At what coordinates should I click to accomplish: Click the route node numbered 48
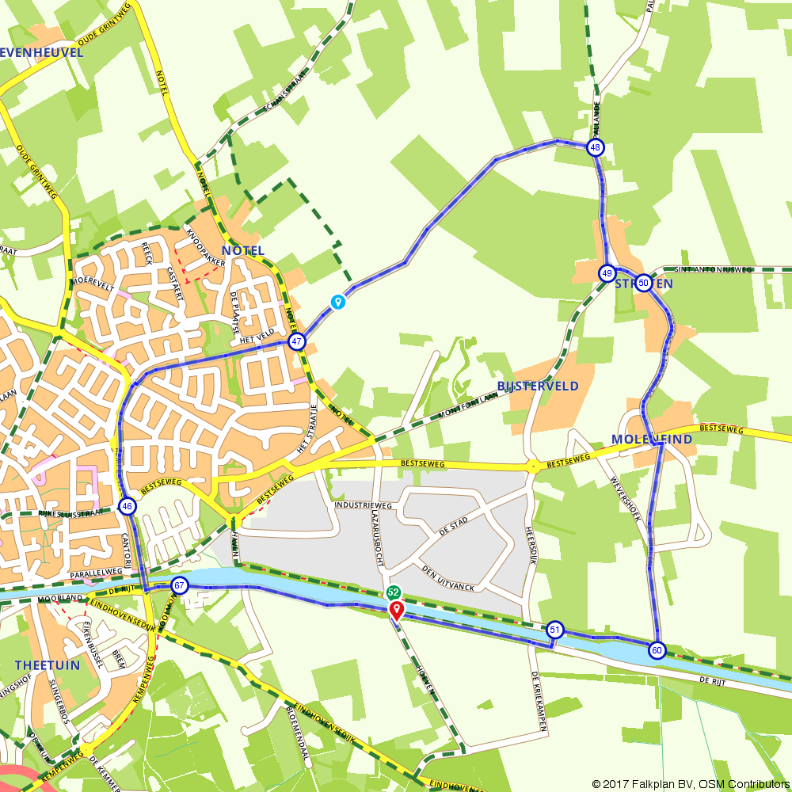[x=596, y=147]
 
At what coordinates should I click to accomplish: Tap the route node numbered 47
[x=297, y=342]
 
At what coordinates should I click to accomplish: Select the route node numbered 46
[x=128, y=506]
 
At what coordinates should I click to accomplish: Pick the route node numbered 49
[x=607, y=273]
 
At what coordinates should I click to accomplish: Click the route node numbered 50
[x=643, y=283]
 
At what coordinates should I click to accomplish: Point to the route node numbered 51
[x=555, y=630]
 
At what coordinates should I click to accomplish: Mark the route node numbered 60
[x=657, y=650]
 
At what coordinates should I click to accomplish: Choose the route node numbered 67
[x=180, y=586]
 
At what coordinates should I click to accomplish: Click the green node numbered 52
[x=394, y=592]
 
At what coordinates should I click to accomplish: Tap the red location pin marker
[x=396, y=610]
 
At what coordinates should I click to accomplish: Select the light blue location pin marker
[x=338, y=302]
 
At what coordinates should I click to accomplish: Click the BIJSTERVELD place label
[x=538, y=386]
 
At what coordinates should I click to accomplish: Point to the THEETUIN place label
[x=48, y=665]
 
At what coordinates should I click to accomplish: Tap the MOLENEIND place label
[x=652, y=439]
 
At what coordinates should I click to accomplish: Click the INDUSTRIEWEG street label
[x=364, y=505]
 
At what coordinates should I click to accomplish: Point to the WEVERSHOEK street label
[x=625, y=492]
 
